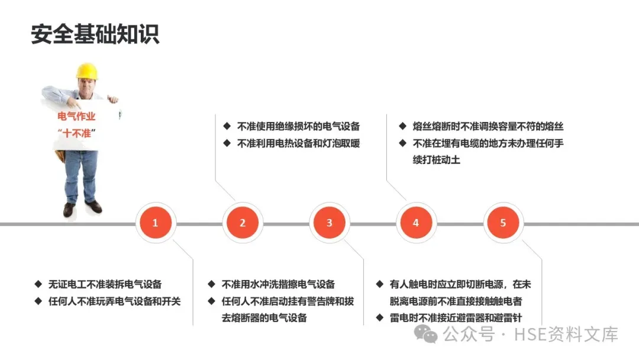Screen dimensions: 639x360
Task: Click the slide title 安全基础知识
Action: (x=95, y=34)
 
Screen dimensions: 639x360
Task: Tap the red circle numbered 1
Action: (x=155, y=223)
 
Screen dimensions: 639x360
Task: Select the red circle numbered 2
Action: (x=243, y=223)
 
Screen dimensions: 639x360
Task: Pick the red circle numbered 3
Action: (x=330, y=223)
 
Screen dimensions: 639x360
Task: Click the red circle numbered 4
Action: (x=416, y=223)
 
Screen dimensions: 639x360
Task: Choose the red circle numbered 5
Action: (x=504, y=223)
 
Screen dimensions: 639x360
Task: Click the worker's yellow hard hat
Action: (x=86, y=72)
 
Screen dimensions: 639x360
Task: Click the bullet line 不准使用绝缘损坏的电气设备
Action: (x=298, y=126)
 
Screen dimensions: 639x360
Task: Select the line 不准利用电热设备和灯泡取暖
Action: (x=298, y=143)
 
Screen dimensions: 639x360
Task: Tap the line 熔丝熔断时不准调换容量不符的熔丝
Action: (x=488, y=126)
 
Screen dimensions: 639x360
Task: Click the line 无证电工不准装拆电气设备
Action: (x=105, y=284)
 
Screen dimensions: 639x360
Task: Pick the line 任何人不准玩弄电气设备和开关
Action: (x=114, y=301)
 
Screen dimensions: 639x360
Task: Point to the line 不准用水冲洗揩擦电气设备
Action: (x=278, y=284)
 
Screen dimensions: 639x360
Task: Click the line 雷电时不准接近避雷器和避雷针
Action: (x=456, y=318)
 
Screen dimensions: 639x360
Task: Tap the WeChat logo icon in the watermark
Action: (x=427, y=335)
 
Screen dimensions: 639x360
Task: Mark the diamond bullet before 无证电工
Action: (x=38, y=284)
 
